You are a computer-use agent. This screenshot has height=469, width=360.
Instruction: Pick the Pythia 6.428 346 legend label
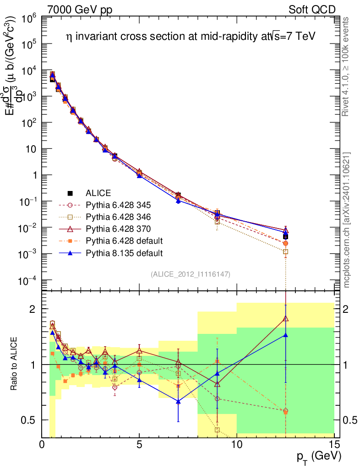click(x=118, y=217)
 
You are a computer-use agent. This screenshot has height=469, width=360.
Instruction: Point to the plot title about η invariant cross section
click(x=191, y=37)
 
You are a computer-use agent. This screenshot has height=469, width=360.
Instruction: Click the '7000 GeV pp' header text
click(x=80, y=10)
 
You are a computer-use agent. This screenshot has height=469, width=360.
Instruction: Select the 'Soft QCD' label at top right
click(x=312, y=10)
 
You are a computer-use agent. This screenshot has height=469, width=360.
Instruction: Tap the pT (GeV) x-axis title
click(x=319, y=457)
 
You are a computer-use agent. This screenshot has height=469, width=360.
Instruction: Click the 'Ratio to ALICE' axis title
click(x=13, y=364)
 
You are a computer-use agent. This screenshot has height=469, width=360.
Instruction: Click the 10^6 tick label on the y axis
click(x=29, y=19)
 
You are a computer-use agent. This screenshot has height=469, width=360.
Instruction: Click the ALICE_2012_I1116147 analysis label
click(x=191, y=274)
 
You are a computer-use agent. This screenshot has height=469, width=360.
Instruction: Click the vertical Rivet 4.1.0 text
click(x=345, y=66)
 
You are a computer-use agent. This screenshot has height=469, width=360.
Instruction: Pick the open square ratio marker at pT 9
click(x=217, y=430)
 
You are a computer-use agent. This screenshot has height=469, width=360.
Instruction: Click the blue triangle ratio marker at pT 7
click(x=178, y=402)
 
